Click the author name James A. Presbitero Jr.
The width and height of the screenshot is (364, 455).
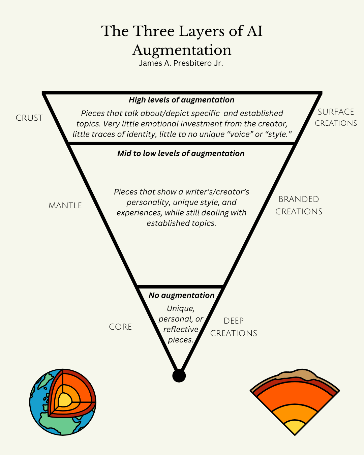(181, 63)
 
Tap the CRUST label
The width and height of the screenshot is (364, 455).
(29, 118)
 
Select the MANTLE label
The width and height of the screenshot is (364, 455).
(65, 206)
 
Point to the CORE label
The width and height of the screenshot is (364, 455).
(120, 327)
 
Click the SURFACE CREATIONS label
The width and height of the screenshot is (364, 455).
(336, 117)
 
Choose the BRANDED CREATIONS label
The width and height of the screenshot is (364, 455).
(299, 205)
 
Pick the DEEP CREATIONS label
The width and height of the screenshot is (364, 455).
(234, 327)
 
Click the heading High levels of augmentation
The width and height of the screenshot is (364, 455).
(181, 100)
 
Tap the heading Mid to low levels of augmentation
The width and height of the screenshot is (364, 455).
(181, 153)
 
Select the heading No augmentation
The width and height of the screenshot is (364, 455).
(181, 295)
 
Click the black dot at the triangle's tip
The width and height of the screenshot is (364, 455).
(179, 375)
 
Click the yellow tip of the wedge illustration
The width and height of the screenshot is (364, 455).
(295, 427)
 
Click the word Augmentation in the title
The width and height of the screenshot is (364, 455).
(182, 50)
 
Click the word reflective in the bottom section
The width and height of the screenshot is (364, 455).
(181, 329)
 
